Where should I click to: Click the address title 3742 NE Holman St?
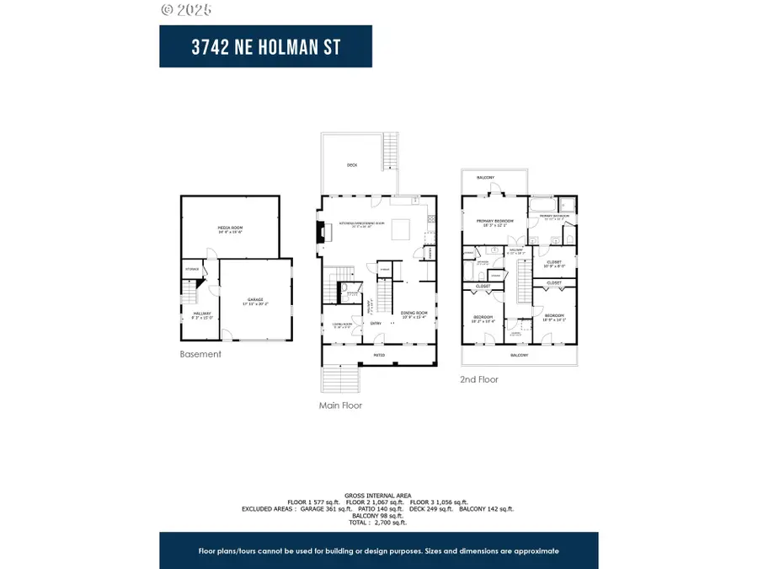[x=265, y=47]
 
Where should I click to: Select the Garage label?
[x=255, y=300]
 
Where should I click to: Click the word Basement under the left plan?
[x=200, y=354]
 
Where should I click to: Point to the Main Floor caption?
[x=340, y=405]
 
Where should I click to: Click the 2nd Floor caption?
[x=479, y=379]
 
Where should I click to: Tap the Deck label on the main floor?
[x=351, y=165]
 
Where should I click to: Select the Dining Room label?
[x=414, y=314]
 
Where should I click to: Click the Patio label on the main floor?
[x=380, y=356]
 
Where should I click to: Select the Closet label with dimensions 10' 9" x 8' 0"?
[x=553, y=262]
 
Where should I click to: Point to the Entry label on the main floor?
[x=376, y=322]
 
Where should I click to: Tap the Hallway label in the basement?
[x=191, y=314]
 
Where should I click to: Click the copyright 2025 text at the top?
[x=186, y=10]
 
